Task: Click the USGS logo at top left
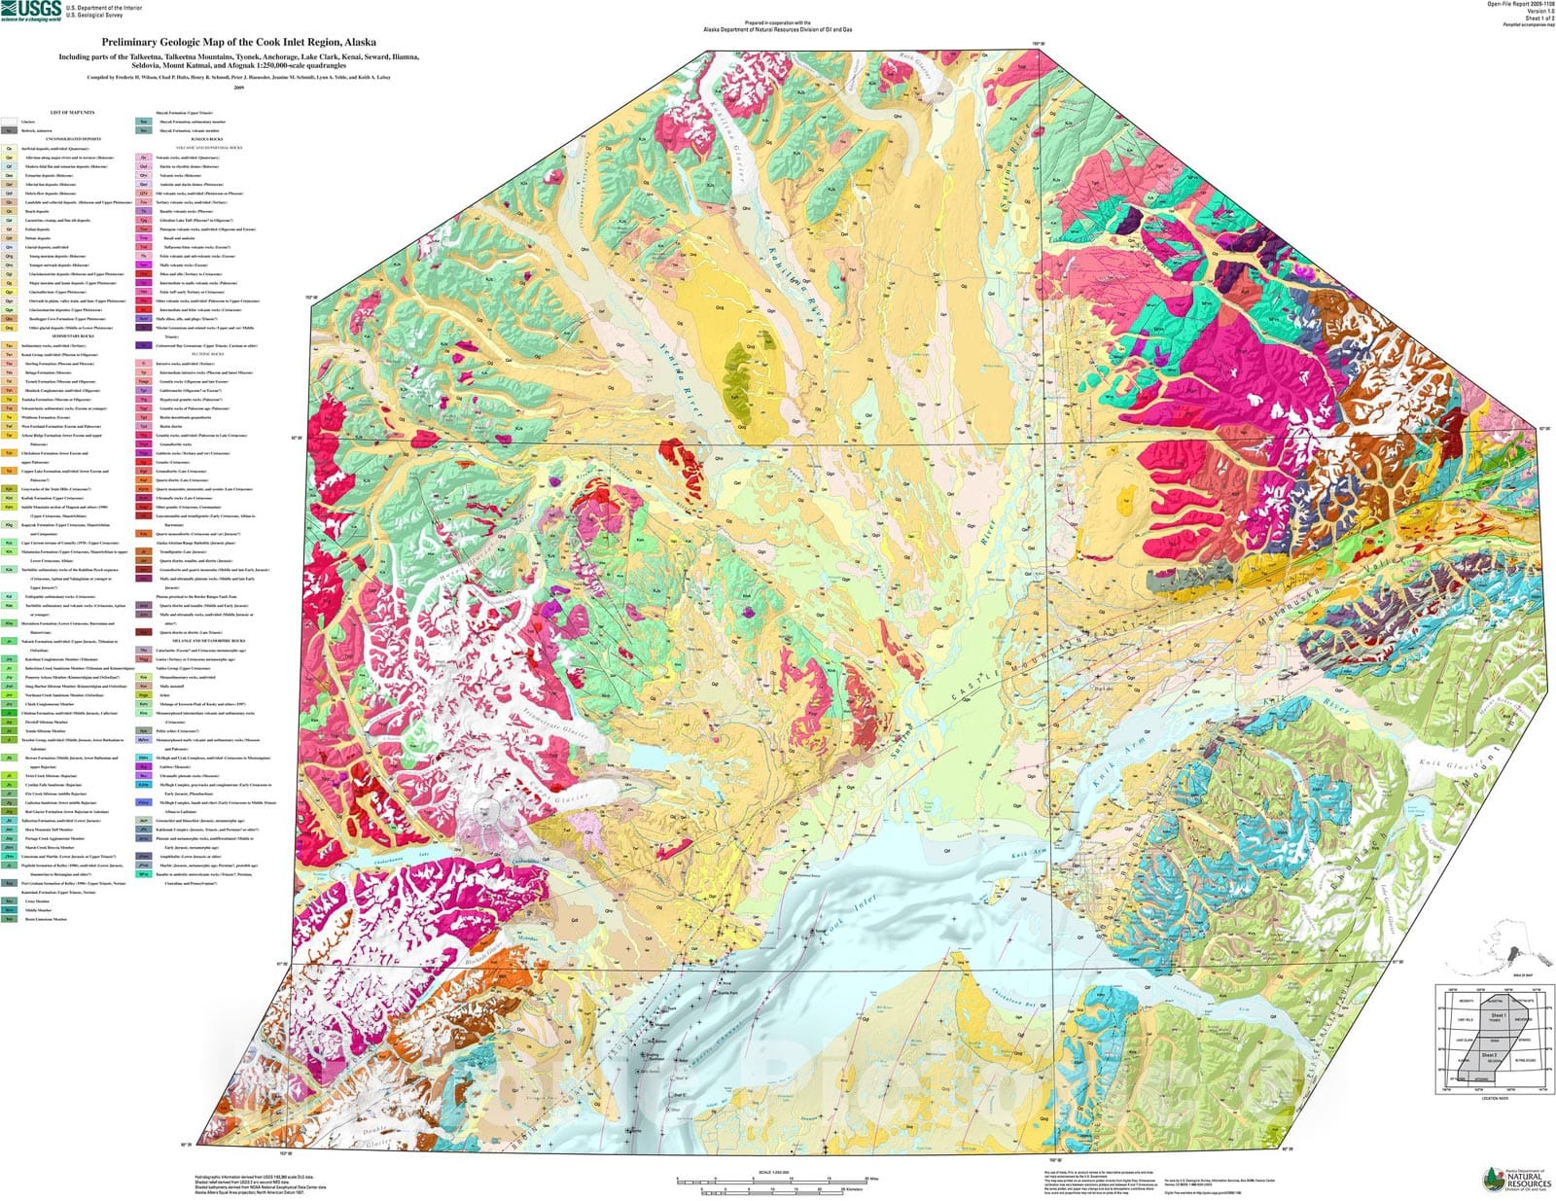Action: (x=32, y=11)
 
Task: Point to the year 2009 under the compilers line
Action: (x=238, y=87)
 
